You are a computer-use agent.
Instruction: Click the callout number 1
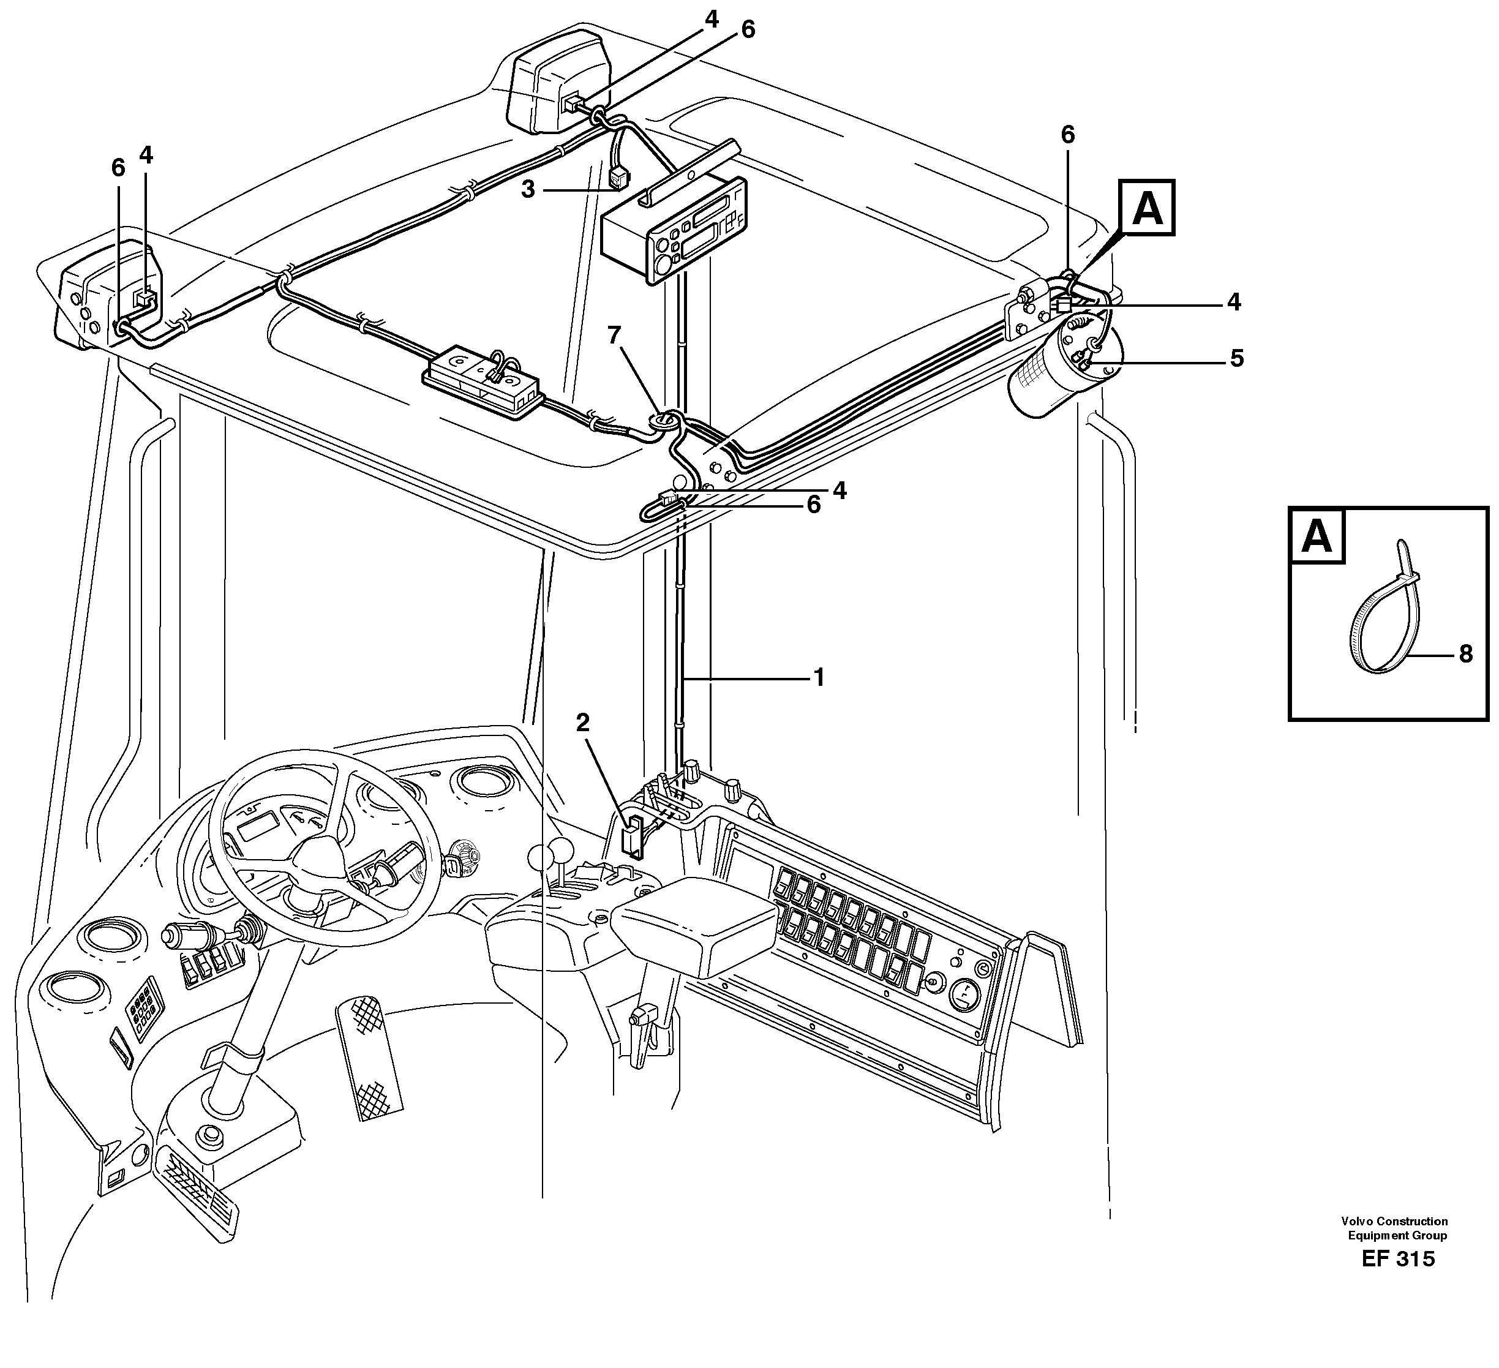819,677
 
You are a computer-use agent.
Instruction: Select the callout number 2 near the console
582,722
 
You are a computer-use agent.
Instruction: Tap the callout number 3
528,190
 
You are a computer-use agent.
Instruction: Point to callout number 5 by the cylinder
1236,358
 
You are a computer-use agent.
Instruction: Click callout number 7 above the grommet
614,336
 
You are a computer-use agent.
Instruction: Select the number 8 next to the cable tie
1465,654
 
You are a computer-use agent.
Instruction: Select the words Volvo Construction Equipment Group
1395,1228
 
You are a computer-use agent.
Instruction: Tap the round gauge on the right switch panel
964,996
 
